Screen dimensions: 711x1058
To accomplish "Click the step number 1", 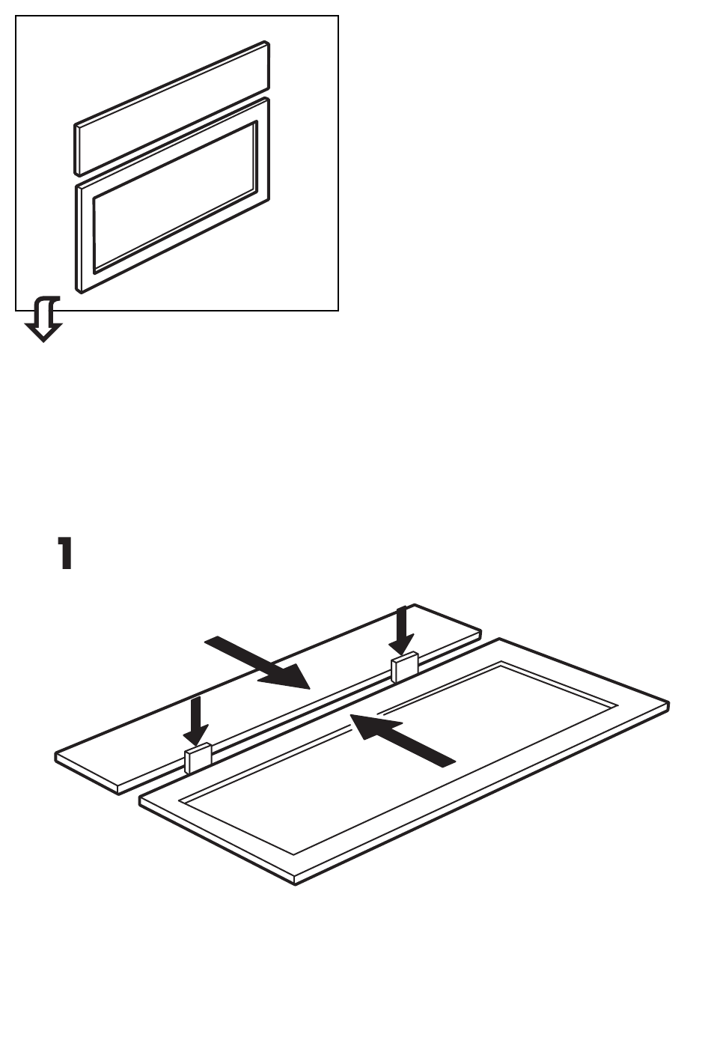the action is point(65,553).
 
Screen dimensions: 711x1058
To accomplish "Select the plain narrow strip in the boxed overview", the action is point(172,108).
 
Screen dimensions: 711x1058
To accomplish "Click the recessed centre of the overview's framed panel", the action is point(175,196).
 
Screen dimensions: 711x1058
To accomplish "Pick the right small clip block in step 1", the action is point(405,667).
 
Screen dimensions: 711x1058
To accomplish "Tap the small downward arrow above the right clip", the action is point(402,631).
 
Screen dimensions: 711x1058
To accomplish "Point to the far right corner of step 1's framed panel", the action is point(668,702).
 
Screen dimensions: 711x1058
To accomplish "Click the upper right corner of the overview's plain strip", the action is point(267,43).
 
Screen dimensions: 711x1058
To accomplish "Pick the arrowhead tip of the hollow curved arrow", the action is point(43,341).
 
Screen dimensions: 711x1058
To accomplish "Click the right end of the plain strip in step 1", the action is point(480,632).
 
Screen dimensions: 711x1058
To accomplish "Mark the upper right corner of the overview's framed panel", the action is point(267,99).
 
